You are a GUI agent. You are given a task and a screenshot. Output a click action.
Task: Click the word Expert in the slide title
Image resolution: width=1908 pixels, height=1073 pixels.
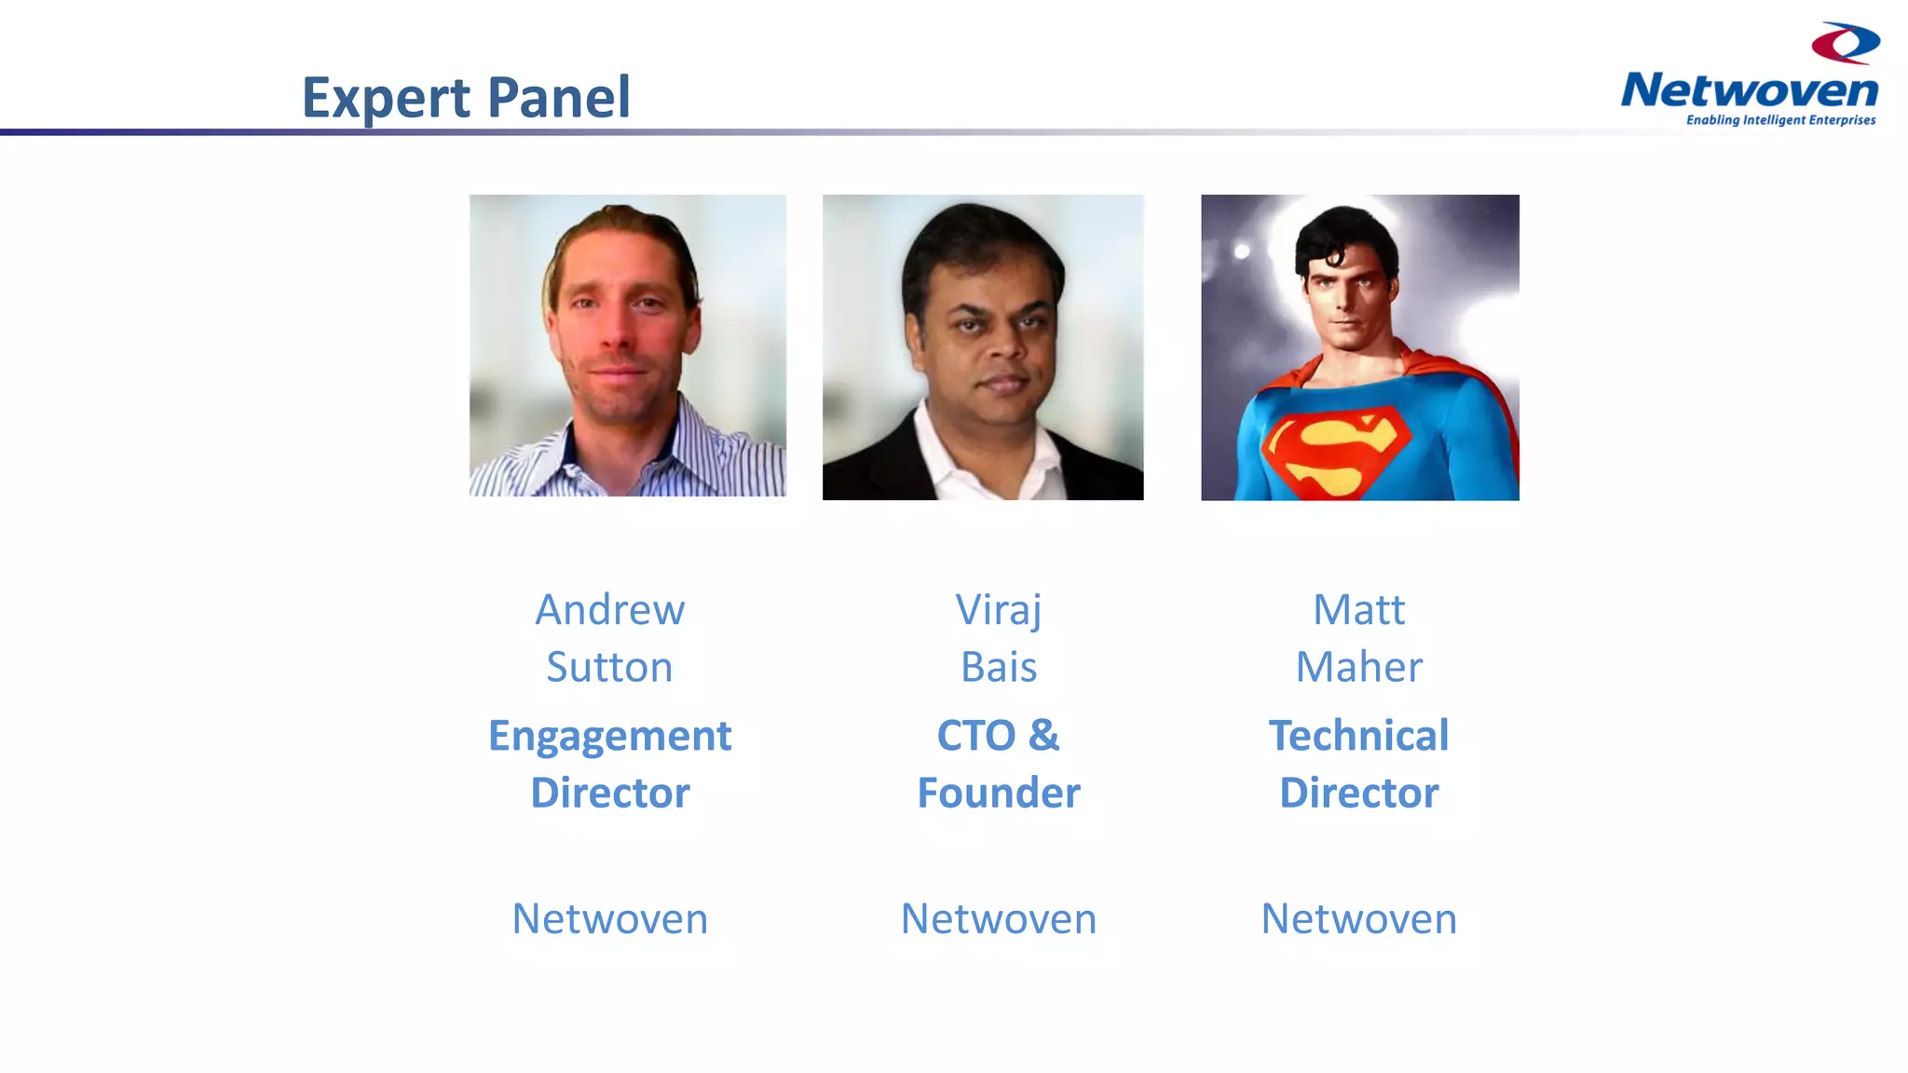pyautogui.click(x=386, y=98)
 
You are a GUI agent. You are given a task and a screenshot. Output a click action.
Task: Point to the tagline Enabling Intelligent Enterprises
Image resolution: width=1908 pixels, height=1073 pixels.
pyautogui.click(x=1780, y=120)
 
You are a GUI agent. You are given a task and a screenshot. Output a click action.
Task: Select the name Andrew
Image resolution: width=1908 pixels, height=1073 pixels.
pyautogui.click(x=610, y=610)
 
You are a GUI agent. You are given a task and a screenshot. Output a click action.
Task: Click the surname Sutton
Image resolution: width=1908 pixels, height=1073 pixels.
pyautogui.click(x=609, y=667)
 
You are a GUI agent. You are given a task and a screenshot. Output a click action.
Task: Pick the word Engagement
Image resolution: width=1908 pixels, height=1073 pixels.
pyautogui.click(x=610, y=736)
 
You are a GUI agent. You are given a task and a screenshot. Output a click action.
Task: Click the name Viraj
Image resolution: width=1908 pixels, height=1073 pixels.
pyautogui.click(x=998, y=610)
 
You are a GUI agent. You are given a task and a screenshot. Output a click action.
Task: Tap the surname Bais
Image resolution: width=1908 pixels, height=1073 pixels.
pyautogui.click(x=999, y=667)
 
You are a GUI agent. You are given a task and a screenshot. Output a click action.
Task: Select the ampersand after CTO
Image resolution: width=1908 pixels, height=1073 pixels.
pyautogui.click(x=1044, y=735)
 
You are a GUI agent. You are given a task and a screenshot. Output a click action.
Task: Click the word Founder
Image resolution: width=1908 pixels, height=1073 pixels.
pyautogui.click(x=999, y=793)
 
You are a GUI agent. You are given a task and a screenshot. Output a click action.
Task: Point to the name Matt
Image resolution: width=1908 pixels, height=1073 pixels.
pyautogui.click(x=1358, y=610)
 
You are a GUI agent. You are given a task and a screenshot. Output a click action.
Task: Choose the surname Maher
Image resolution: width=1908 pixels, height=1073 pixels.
pyautogui.click(x=1358, y=667)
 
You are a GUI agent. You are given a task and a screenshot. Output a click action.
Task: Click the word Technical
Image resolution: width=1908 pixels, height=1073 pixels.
pyautogui.click(x=1358, y=736)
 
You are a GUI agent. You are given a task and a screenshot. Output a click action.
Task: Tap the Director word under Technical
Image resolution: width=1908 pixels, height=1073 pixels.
pyautogui.click(x=1358, y=793)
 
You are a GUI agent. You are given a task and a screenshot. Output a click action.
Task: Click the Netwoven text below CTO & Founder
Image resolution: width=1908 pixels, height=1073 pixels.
pyautogui.click(x=999, y=919)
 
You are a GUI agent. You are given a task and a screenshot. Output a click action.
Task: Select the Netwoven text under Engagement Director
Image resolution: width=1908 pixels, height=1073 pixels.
pyautogui.click(x=610, y=919)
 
